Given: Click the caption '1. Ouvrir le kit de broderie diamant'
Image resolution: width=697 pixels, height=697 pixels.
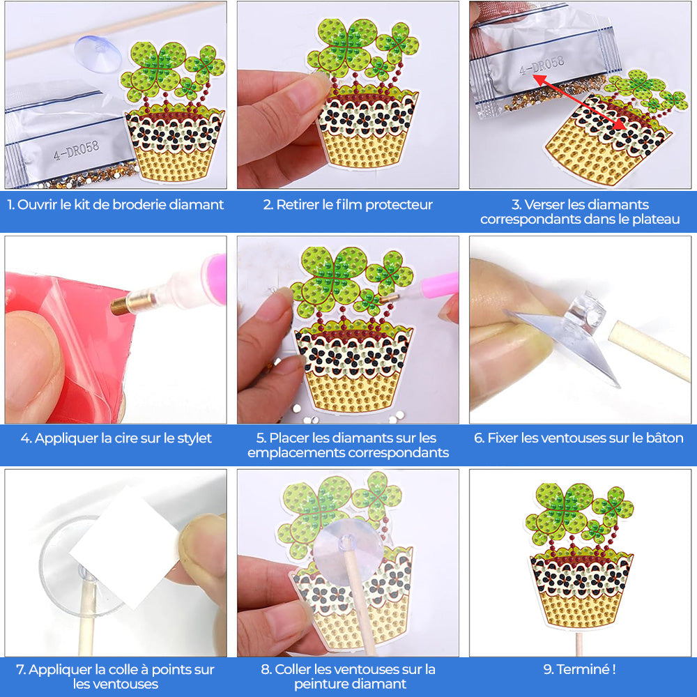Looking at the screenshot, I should pyautogui.click(x=116, y=205).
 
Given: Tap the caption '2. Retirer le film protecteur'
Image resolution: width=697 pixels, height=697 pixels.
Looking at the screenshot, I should pyautogui.click(x=348, y=205).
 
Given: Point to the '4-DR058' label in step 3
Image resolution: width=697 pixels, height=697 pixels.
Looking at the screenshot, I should pyautogui.click(x=542, y=65).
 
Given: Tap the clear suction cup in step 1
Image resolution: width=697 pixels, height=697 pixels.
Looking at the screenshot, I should pyautogui.click(x=97, y=52).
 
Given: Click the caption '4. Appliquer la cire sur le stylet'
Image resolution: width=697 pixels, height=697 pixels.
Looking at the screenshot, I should pyautogui.click(x=116, y=438).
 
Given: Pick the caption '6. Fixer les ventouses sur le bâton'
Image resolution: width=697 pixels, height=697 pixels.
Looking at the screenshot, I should pyautogui.click(x=579, y=438).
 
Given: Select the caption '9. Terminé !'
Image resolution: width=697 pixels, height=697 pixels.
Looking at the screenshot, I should pyautogui.click(x=579, y=670).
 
